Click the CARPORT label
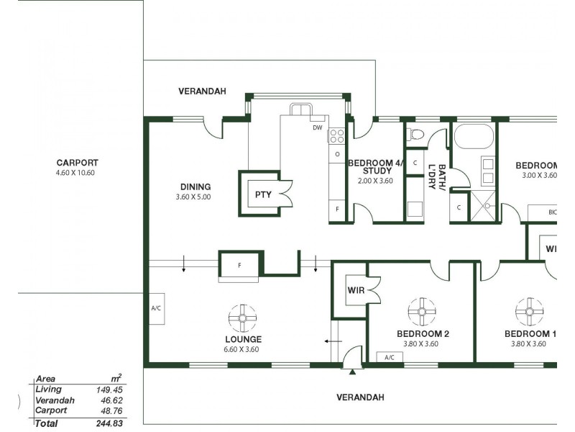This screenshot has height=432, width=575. (x=77, y=163)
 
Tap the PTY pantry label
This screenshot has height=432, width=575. (x=262, y=194)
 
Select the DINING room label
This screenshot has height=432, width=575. (x=195, y=186)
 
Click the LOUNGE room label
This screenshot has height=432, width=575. (x=242, y=339)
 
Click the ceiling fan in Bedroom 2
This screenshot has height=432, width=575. (x=421, y=311)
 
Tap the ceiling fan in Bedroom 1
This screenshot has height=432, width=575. (x=530, y=311)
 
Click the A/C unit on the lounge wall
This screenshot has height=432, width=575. (x=156, y=308)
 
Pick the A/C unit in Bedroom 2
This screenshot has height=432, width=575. (x=390, y=357)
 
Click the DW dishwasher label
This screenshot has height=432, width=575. (x=317, y=128)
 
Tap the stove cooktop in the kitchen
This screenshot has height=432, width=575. (x=336, y=135)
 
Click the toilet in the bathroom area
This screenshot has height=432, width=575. (x=416, y=134)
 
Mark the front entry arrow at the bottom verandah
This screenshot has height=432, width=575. (x=352, y=372)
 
